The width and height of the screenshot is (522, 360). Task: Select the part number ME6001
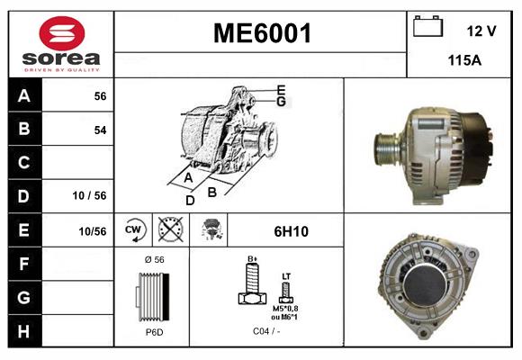pyautogui.click(x=261, y=34)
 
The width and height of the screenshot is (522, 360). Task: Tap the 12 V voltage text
pyautogui.click(x=481, y=31)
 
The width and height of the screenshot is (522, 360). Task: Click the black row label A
pyautogui.click(x=23, y=96)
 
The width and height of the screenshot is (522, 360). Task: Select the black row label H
pyautogui.click(x=23, y=330)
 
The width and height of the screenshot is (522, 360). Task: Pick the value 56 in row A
pyautogui.click(x=100, y=96)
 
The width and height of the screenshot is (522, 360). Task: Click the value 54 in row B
pyautogui.click(x=100, y=130)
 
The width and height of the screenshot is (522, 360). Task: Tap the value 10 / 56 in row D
pyautogui.click(x=90, y=196)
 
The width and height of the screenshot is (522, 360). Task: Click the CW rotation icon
pyautogui.click(x=133, y=230)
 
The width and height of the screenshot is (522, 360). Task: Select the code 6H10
pyautogui.click(x=290, y=231)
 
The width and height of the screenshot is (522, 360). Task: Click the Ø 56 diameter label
pyautogui.click(x=152, y=260)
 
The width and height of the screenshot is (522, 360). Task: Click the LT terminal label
pyautogui.click(x=286, y=277)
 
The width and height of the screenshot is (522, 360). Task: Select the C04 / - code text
pyautogui.click(x=266, y=332)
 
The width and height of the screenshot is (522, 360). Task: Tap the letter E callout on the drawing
pyautogui.click(x=281, y=89)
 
